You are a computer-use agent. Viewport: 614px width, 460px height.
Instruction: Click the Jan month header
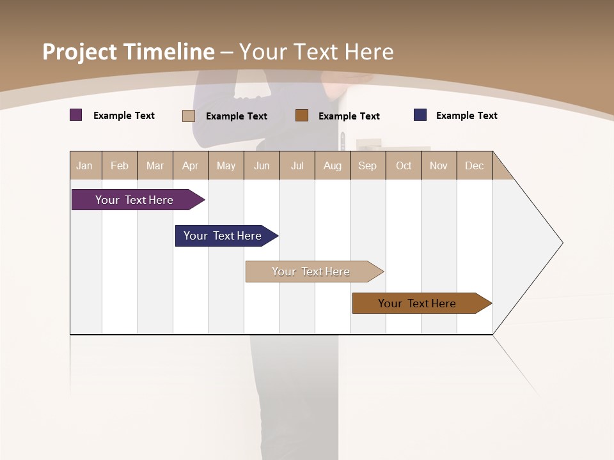pos(84,165)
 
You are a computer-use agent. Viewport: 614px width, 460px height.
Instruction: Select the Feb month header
pos(120,165)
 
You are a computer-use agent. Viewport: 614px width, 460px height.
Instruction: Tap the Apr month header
pos(191,165)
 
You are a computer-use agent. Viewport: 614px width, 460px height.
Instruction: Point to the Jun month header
pos(262,165)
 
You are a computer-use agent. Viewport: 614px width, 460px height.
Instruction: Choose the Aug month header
pos(333,165)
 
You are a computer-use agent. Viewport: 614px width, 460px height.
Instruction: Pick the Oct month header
pos(404,165)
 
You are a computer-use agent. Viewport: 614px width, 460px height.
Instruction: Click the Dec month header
pos(475,165)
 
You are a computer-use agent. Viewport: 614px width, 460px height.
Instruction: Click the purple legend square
pos(76,115)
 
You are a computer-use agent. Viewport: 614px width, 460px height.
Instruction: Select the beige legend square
pos(189,116)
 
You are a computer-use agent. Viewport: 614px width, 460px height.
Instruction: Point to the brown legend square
pos(302,116)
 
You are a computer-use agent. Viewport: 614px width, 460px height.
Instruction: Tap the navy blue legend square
pos(420,115)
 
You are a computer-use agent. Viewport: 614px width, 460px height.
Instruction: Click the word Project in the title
pos(80,52)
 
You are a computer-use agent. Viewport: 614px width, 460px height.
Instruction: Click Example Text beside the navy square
pos(466,116)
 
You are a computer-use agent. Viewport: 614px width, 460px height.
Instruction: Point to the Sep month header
pos(368,165)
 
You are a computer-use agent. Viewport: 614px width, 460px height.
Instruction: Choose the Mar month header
pos(155,165)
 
